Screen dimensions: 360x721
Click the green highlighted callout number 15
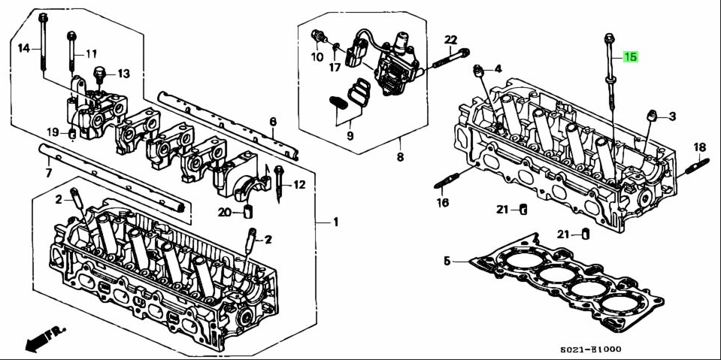(630, 57)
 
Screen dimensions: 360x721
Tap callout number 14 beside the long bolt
(24, 48)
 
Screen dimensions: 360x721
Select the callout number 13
(123, 74)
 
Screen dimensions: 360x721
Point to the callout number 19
(52, 132)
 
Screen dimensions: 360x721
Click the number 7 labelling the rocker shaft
(49, 174)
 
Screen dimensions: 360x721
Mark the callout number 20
(223, 211)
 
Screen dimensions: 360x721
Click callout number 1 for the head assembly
(336, 222)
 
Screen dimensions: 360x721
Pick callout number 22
(450, 39)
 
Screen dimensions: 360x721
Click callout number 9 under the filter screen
(350, 136)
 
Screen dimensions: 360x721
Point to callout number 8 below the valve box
(400, 157)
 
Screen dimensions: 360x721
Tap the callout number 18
(698, 147)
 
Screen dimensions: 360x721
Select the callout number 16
(442, 202)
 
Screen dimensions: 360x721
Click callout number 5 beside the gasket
(447, 262)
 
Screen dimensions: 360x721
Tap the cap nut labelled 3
(653, 115)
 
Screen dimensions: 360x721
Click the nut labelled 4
(477, 71)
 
